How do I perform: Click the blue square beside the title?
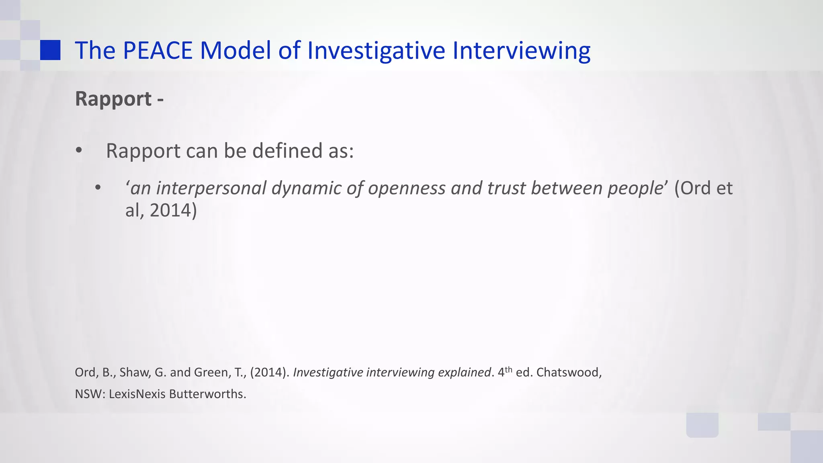tap(50, 50)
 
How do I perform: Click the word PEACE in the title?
tap(158, 51)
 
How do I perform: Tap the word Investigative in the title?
tap(376, 51)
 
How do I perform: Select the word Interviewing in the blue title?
tap(521, 51)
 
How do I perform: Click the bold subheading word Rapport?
tap(113, 99)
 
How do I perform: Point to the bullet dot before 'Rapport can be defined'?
tap(79, 151)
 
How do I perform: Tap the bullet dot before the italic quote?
tap(98, 188)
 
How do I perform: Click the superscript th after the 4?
tap(508, 369)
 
